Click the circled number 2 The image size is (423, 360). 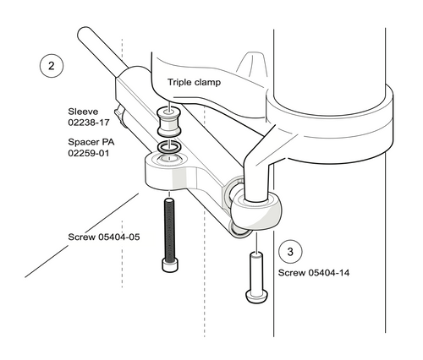click(x=52, y=64)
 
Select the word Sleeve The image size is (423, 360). click(x=84, y=111)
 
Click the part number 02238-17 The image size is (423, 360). click(x=90, y=123)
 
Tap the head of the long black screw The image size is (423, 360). click(x=170, y=265)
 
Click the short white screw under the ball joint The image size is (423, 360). click(x=254, y=275)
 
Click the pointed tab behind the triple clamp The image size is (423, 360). click(x=251, y=66)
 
